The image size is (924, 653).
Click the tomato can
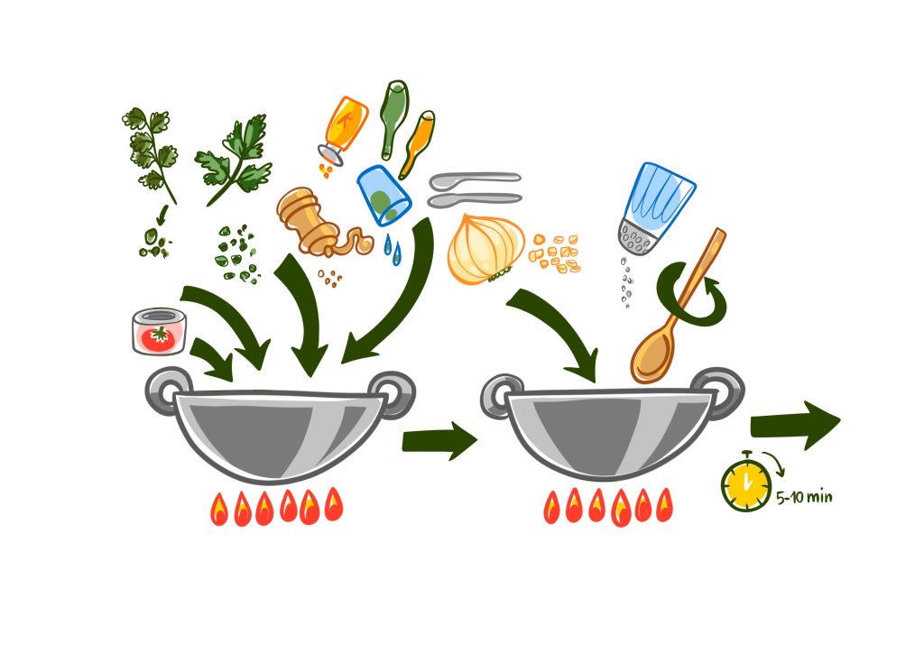(159, 332)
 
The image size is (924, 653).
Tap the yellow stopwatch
(746, 483)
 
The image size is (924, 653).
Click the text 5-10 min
(804, 498)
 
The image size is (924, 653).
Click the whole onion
(485, 249)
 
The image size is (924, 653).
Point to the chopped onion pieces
(555, 253)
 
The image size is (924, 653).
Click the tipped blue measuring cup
(383, 195)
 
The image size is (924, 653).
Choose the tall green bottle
(393, 120)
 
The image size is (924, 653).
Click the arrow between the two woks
(439, 440)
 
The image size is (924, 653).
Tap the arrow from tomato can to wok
(211, 358)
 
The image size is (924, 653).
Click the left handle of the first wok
(166, 390)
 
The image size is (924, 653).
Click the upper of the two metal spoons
(475, 179)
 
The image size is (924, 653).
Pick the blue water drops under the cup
(392, 250)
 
